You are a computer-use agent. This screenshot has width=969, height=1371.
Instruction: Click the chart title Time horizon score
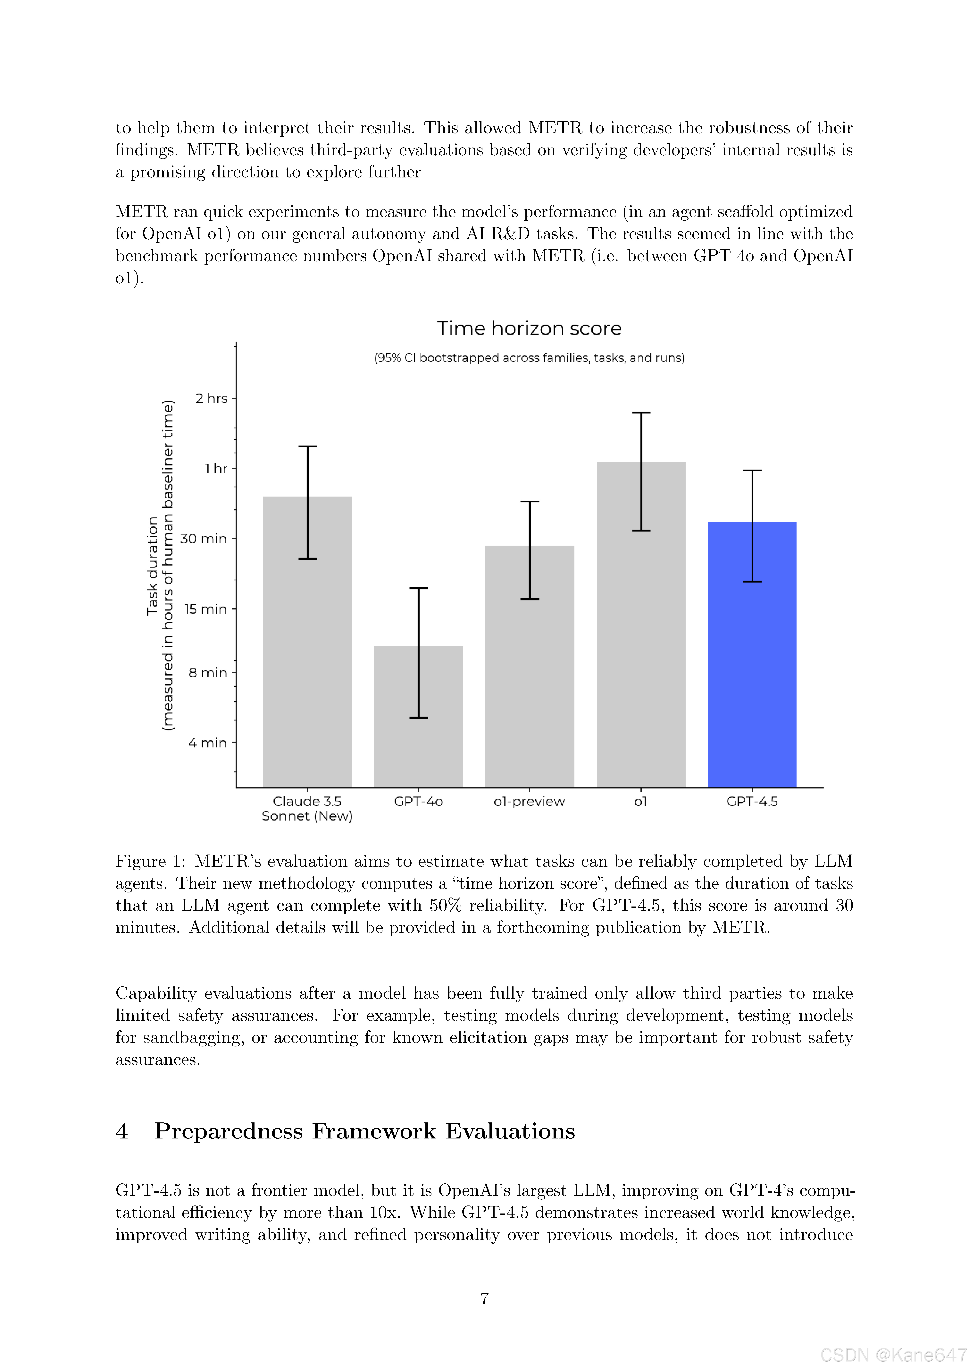click(529, 328)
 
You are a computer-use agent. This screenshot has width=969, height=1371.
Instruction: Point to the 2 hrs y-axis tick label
click(211, 398)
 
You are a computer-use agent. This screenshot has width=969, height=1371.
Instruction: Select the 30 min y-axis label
click(204, 539)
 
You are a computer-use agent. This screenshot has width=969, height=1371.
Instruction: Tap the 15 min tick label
click(205, 609)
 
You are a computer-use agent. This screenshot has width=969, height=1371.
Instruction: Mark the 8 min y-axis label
click(208, 673)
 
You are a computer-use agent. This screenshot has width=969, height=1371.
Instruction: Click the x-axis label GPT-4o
click(418, 801)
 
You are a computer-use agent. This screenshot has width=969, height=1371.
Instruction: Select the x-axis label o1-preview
click(529, 801)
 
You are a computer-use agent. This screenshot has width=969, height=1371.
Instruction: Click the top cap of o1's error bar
click(641, 413)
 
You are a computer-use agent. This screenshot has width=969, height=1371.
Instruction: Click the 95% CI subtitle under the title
click(529, 358)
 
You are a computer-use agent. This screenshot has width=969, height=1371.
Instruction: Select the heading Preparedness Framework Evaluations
click(364, 1131)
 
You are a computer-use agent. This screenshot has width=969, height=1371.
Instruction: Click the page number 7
click(484, 1298)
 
